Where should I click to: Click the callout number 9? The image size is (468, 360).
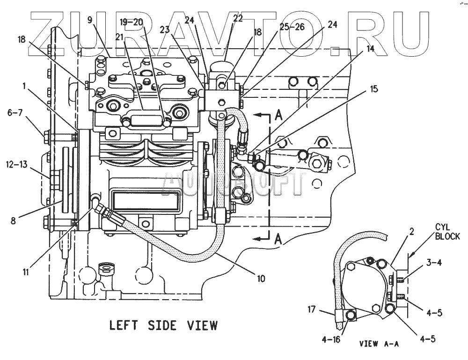[90, 20]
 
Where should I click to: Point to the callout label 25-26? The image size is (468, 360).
[292, 27]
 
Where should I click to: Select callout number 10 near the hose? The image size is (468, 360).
[260, 279]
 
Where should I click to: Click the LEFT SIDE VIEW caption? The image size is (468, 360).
[163, 325]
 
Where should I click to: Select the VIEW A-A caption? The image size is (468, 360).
[379, 344]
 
